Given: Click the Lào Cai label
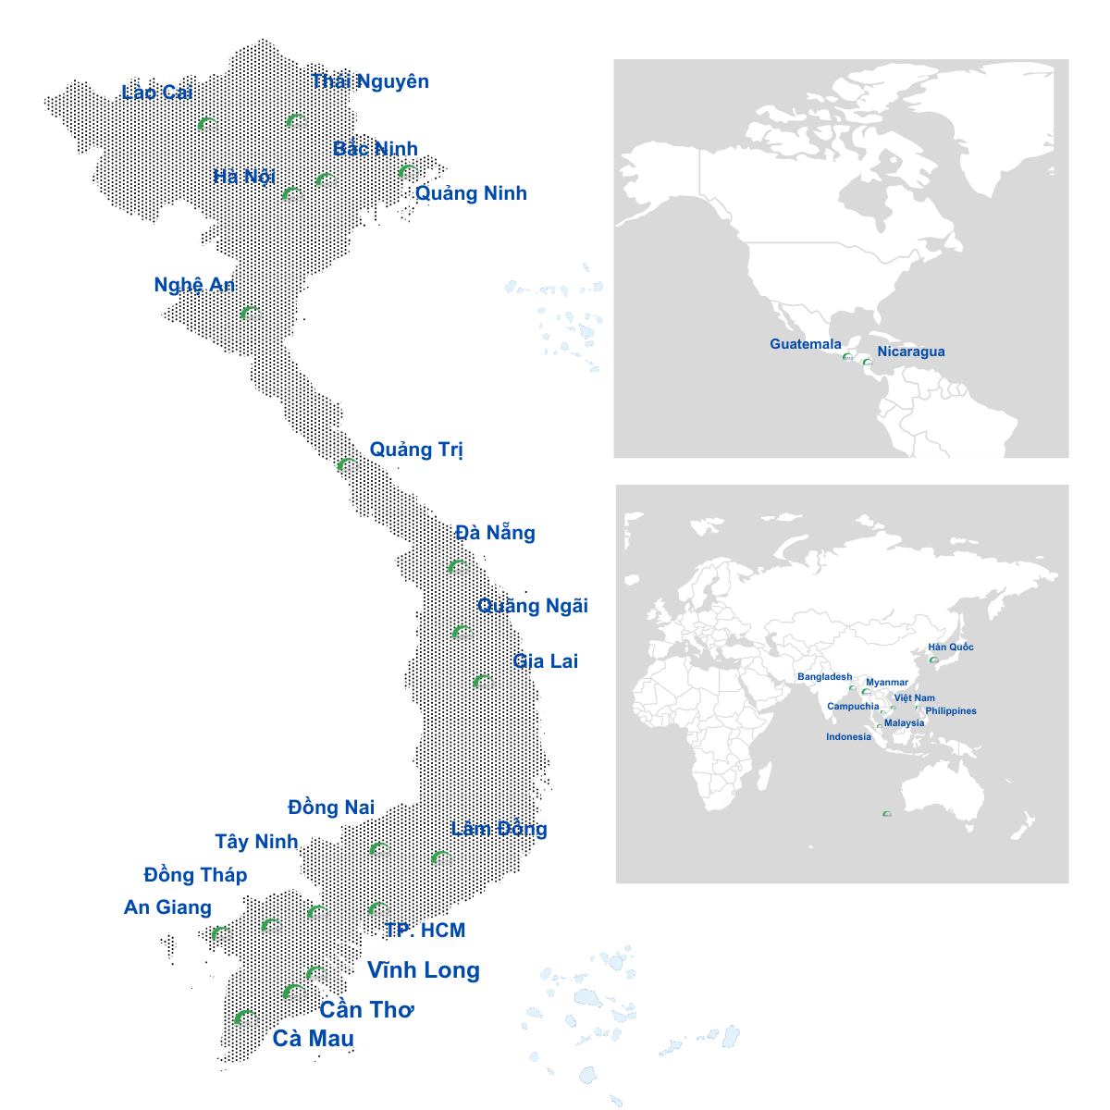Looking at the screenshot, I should [157, 92].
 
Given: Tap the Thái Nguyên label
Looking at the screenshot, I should [370, 81].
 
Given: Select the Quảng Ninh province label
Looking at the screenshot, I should [471, 193].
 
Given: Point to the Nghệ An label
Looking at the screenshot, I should [194, 285].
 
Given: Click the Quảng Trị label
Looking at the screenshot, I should [416, 450].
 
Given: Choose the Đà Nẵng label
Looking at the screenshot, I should [495, 533].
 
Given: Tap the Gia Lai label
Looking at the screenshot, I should [545, 661].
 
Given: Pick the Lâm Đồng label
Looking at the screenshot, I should [499, 829].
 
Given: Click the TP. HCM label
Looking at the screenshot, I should [425, 931].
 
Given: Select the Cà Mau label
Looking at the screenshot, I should [313, 1039].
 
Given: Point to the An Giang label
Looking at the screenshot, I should [167, 907].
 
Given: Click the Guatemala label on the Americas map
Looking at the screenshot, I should [806, 344].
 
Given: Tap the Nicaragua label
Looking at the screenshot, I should [911, 351].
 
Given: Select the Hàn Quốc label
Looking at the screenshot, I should [951, 647].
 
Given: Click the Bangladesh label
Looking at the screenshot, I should [824, 677].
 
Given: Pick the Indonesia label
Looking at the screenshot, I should [848, 737].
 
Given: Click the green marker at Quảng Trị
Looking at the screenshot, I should [346, 464].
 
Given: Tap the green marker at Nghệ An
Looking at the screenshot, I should [248, 313].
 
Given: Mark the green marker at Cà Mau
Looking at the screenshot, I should [244, 1017].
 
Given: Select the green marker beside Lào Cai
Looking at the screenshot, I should [207, 124].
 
